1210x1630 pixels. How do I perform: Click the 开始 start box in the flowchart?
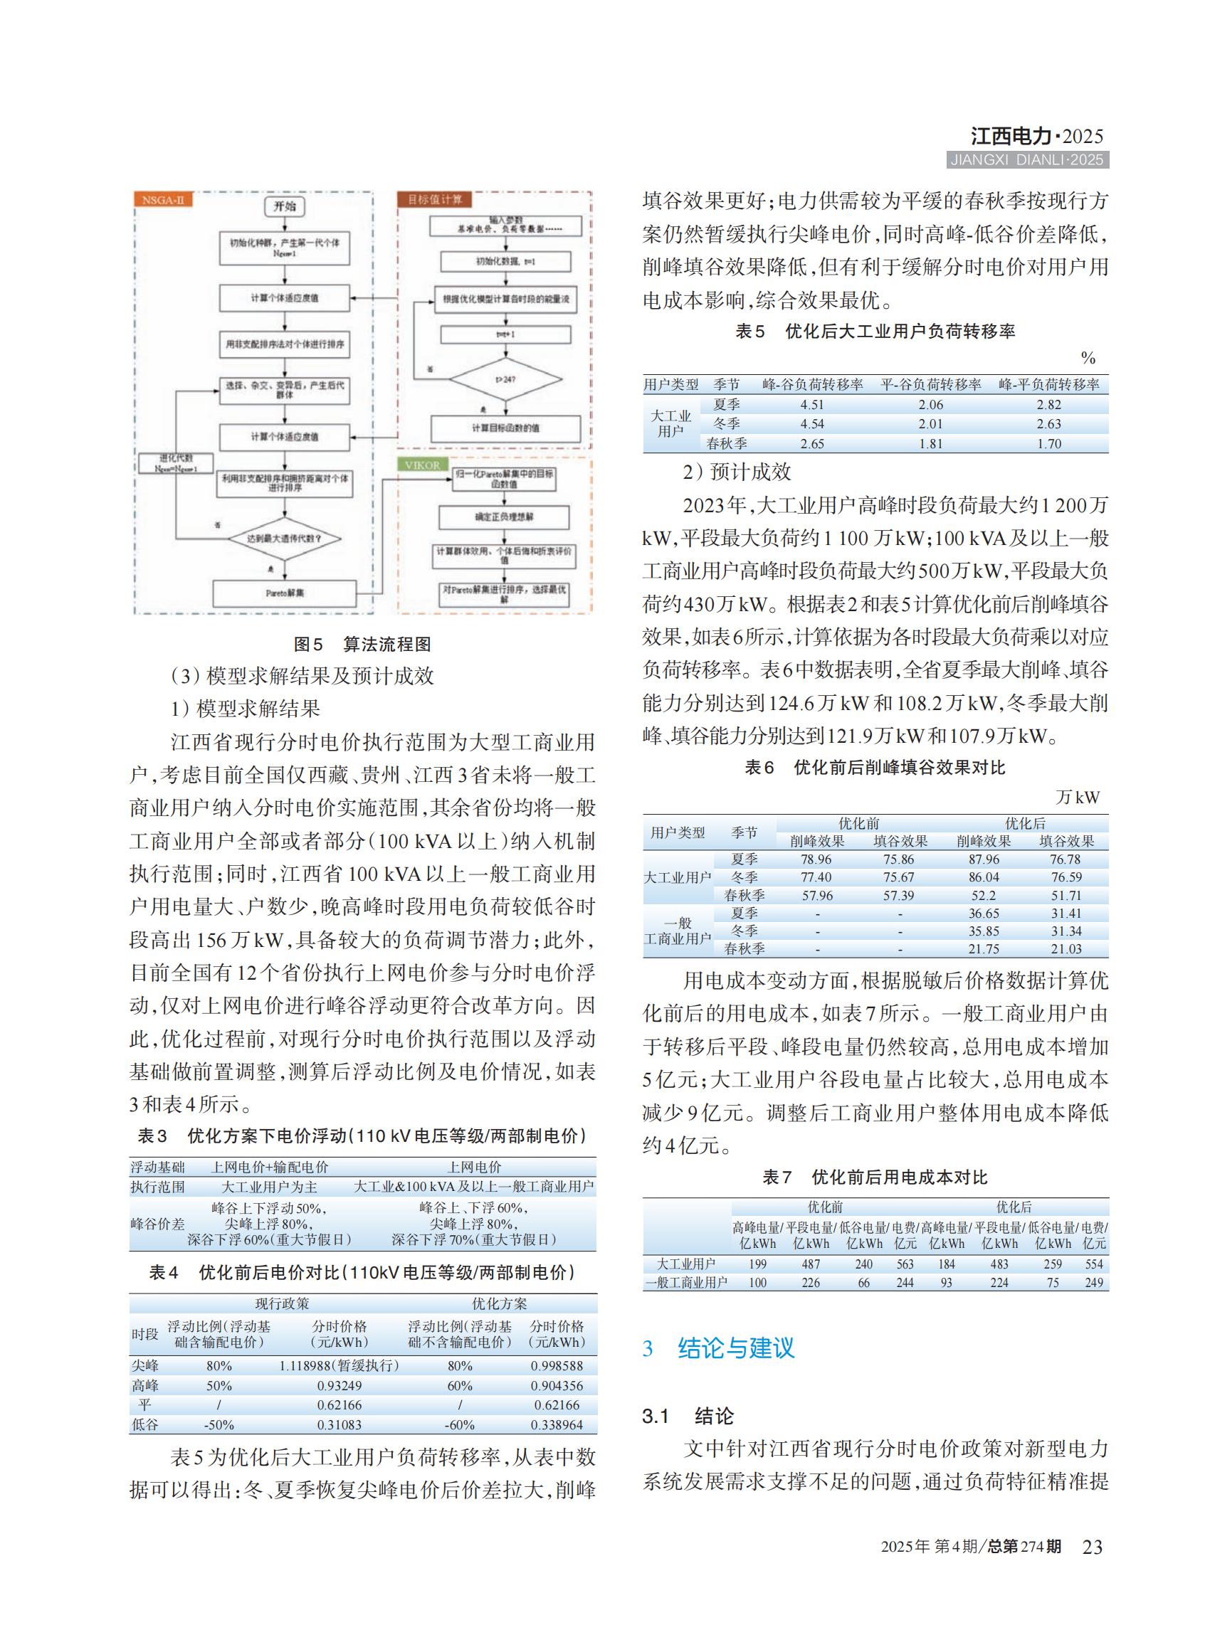(x=284, y=206)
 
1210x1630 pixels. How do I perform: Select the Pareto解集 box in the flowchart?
(x=284, y=593)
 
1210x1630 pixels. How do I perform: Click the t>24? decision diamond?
(x=505, y=379)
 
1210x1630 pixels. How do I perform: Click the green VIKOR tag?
(x=423, y=465)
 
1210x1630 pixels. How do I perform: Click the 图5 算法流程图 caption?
(x=362, y=645)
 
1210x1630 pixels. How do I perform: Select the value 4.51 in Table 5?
(x=811, y=405)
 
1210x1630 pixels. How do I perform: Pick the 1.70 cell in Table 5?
(x=1049, y=444)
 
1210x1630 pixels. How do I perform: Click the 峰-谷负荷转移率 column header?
(x=812, y=385)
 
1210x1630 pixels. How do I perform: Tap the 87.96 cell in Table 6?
(x=983, y=859)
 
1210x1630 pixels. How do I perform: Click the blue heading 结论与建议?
(x=735, y=1348)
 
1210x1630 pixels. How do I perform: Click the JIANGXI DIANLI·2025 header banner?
(x=1027, y=160)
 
